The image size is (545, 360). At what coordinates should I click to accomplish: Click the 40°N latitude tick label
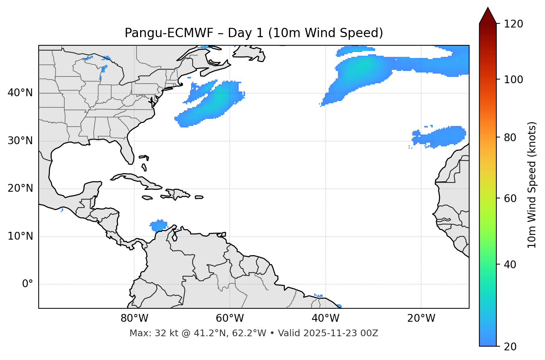[20, 93]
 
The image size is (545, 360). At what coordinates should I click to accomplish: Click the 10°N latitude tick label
[20, 236]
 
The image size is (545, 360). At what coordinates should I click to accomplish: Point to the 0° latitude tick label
[27, 284]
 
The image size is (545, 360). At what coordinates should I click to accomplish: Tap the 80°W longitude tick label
[134, 318]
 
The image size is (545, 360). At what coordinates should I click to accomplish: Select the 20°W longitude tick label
[421, 318]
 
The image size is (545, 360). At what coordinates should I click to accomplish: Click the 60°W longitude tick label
[230, 318]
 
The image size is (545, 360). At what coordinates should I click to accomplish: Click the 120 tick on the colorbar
[513, 24]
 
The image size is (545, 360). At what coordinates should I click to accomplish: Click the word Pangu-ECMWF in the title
[169, 33]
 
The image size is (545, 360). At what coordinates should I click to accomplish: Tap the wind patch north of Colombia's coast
[159, 225]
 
